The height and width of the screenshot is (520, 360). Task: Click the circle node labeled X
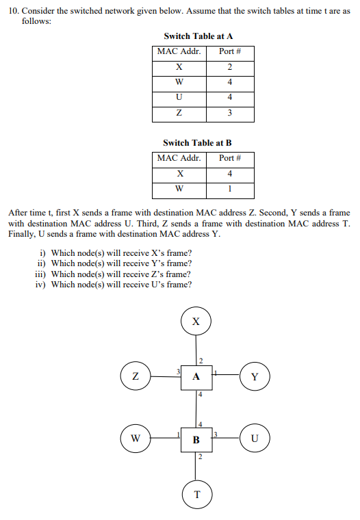tap(196, 321)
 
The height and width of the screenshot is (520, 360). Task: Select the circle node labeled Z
tap(136, 376)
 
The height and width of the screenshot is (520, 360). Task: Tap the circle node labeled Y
tap(255, 376)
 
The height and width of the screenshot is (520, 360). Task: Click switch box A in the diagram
tap(197, 376)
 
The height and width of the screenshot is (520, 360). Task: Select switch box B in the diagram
tap(197, 439)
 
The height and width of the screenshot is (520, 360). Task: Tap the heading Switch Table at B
tap(197, 143)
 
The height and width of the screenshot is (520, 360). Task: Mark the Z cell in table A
tap(179, 113)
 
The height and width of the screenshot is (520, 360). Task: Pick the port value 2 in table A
tap(229, 66)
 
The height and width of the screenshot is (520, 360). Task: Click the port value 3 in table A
tap(229, 113)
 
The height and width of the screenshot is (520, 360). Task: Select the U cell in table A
tap(179, 97)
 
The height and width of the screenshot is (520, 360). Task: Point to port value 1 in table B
tap(229, 189)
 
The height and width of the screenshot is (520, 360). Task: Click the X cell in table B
tap(179, 174)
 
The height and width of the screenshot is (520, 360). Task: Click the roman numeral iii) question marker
tap(41, 274)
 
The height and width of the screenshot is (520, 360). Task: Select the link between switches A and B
tap(197, 408)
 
